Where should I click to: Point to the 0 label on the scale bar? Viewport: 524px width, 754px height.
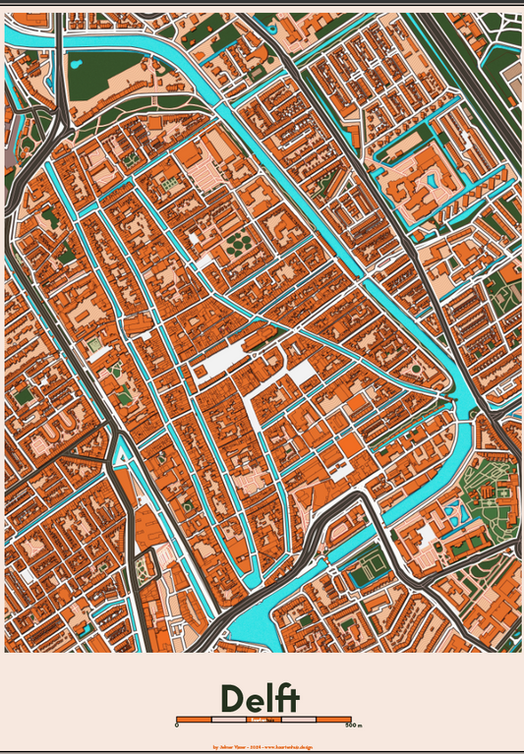click(x=177, y=725)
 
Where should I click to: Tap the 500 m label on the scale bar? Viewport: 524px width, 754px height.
click(x=353, y=725)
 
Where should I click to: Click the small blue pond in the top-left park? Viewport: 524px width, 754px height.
click(x=76, y=65)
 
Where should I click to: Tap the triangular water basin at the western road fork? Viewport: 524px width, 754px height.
click(x=122, y=452)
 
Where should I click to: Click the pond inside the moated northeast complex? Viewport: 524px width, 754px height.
click(x=430, y=179)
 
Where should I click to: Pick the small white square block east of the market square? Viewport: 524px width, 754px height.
click(x=301, y=372)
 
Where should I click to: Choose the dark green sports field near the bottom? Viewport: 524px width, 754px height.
click(x=369, y=568)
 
